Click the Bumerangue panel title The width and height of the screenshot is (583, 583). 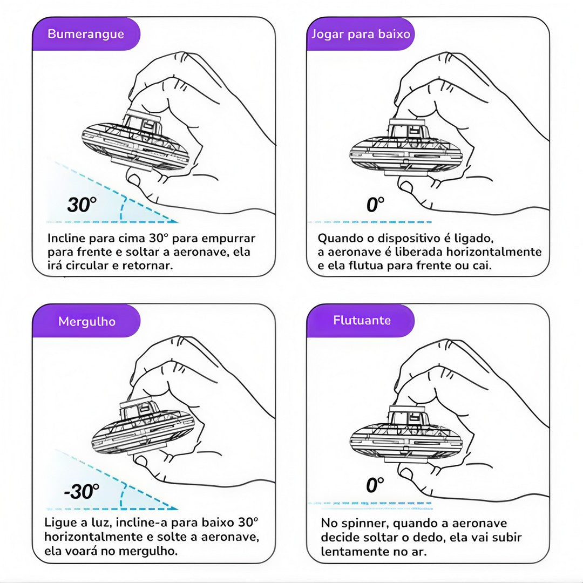coord(86,34)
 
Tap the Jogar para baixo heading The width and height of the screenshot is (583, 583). coord(361,34)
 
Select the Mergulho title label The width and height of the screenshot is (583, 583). coord(86,321)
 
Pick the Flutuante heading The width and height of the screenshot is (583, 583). coord(362,320)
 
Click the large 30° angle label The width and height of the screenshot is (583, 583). coord(82,205)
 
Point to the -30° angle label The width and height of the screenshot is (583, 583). coord(82,491)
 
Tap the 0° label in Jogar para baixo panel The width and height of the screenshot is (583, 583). coord(375,205)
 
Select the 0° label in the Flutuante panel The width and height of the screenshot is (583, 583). coord(375,485)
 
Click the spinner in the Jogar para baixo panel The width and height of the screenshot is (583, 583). coord(406,149)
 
